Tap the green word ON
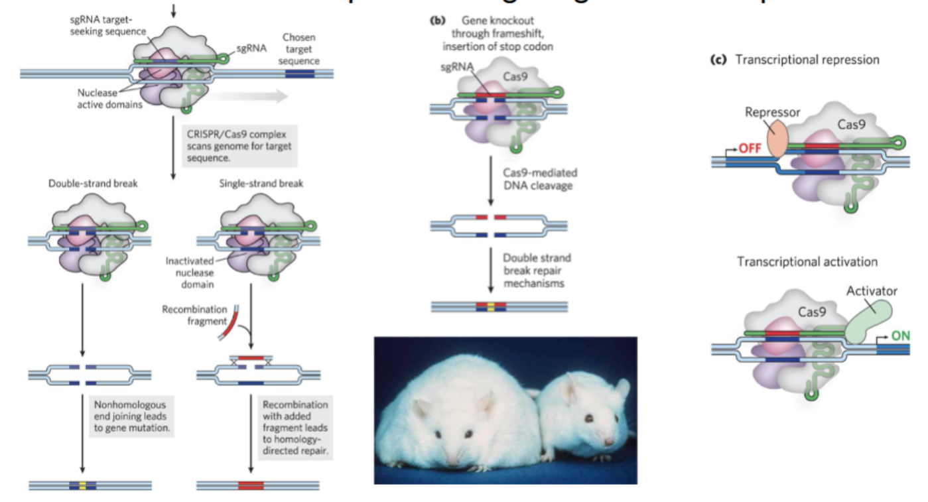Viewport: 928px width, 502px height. click(x=901, y=336)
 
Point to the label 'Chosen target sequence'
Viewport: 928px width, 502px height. click(x=300, y=49)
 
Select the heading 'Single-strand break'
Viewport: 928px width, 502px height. click(x=261, y=183)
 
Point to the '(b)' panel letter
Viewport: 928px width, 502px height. click(x=438, y=21)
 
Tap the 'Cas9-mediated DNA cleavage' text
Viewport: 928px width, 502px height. click(x=539, y=179)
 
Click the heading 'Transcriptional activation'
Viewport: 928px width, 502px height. click(x=807, y=261)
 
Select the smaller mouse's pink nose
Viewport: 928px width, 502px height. click(x=609, y=441)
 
